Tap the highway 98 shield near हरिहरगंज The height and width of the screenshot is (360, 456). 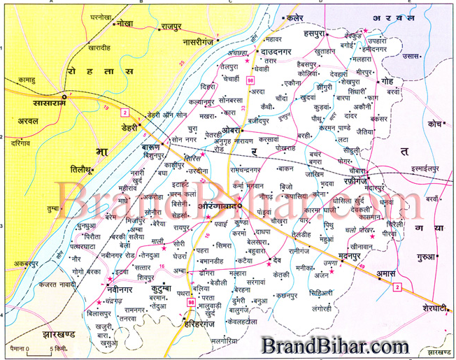click(x=192, y=301)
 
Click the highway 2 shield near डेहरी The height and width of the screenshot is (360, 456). click(x=124, y=112)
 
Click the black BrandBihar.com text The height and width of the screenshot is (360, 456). click(x=336, y=345)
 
